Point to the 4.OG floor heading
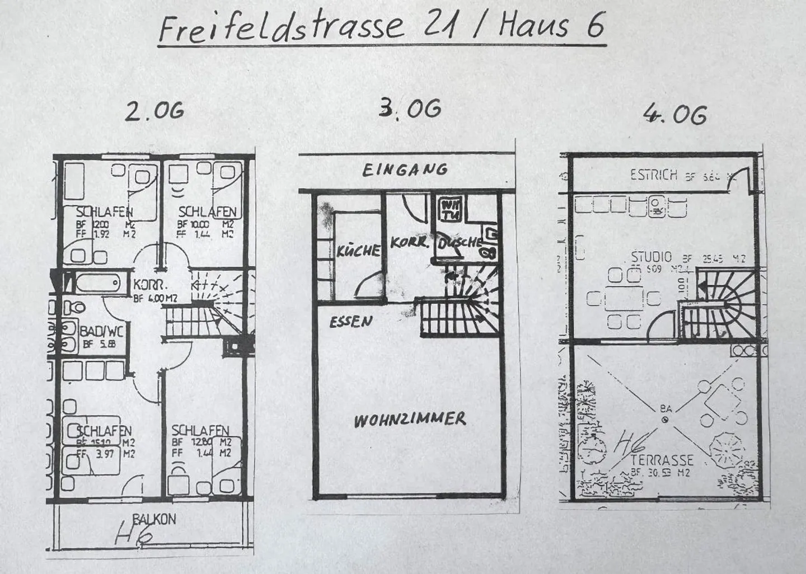(674, 115)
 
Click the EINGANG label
(405, 170)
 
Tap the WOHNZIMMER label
(409, 420)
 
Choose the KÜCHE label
(358, 250)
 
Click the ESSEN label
(350, 322)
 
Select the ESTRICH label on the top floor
(653, 175)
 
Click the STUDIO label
(651, 257)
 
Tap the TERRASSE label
(662, 460)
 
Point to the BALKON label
(154, 519)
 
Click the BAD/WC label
(101, 331)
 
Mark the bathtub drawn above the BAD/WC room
(99, 283)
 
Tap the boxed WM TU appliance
(450, 209)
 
